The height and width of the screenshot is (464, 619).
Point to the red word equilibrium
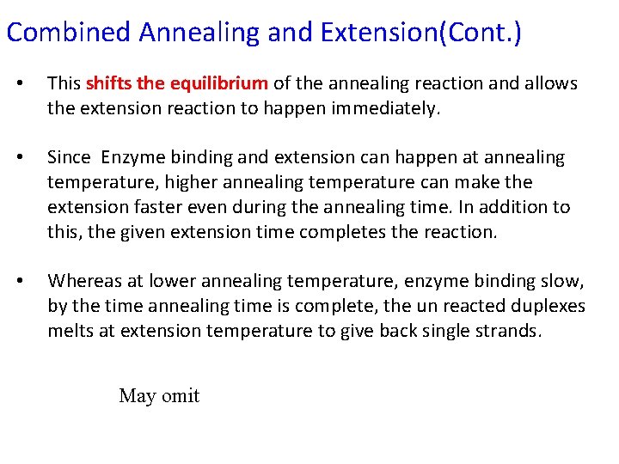pos(219,83)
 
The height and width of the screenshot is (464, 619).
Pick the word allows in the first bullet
pos(553,83)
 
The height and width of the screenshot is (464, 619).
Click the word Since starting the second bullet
pos(69,157)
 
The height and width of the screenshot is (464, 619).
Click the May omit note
pos(159,396)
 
